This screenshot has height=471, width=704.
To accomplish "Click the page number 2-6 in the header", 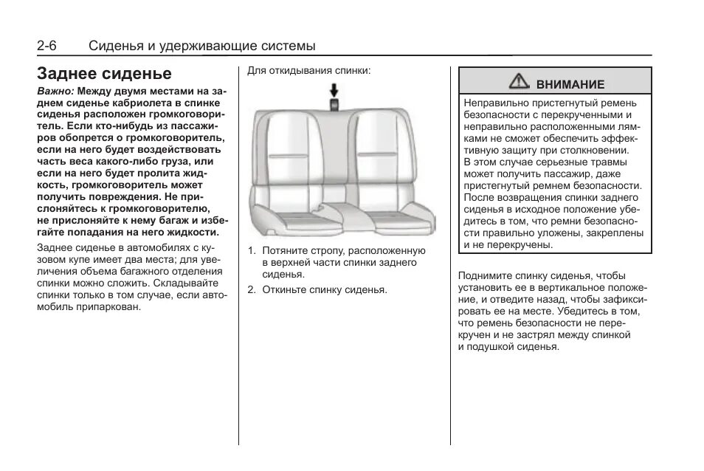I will pyautogui.click(x=46, y=46).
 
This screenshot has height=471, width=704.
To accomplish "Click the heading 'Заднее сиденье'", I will pyautogui.click(x=104, y=74).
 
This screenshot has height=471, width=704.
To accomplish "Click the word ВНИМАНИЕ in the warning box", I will pyautogui.click(x=570, y=84).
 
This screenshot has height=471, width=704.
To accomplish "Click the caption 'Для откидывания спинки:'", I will pyautogui.click(x=308, y=71).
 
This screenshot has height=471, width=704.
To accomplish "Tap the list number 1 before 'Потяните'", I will pyautogui.click(x=251, y=251).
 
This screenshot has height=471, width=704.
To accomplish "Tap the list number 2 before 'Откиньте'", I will pyautogui.click(x=251, y=289).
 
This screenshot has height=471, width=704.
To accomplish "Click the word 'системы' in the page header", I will pyautogui.click(x=289, y=46).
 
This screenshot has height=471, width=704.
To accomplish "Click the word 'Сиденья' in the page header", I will pyautogui.click(x=117, y=46).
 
